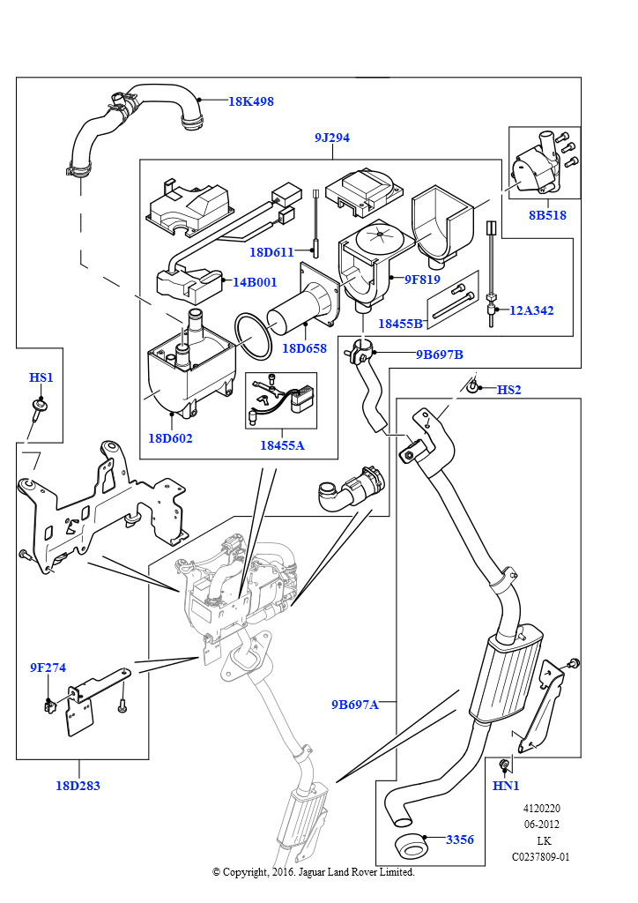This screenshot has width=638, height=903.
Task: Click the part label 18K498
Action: point(251,101)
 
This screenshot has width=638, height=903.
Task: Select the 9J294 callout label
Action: point(332,138)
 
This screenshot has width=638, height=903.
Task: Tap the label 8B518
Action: point(548,215)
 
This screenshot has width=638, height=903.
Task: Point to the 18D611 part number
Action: point(271,252)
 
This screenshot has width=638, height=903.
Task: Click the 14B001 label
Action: point(255,283)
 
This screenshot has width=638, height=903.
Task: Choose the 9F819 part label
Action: point(422,280)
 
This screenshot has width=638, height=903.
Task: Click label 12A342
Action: point(531,310)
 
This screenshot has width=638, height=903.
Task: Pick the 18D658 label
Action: point(304,348)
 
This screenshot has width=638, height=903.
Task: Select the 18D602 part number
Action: point(170,438)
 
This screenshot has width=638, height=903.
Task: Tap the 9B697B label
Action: point(440,354)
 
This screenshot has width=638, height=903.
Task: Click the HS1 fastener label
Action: point(41,377)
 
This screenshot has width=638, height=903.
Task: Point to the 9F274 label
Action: point(48,668)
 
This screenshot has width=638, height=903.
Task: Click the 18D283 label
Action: point(78,786)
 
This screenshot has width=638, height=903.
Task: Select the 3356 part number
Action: point(460,840)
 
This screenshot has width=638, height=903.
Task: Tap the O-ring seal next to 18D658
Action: point(254,338)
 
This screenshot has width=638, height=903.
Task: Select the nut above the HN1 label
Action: point(504,765)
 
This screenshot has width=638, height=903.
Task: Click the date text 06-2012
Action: point(541,825)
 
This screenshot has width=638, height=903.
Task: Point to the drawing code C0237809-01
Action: point(541,857)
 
